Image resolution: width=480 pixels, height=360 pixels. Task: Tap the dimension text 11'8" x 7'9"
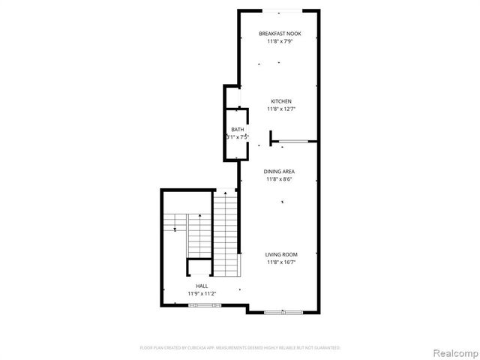[278, 42]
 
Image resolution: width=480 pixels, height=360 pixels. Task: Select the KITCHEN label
[280, 101]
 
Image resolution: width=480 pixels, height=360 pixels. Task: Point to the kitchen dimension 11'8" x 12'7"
[280, 109]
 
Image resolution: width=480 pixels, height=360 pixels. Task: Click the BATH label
[237, 130]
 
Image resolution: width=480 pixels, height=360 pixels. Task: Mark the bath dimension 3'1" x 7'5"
[237, 137]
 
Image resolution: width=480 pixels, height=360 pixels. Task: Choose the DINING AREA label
[278, 172]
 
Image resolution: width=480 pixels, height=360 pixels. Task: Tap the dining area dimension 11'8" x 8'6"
[278, 180]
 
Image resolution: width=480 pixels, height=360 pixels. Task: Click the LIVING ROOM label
[281, 255]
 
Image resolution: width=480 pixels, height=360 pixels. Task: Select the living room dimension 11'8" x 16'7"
[281, 263]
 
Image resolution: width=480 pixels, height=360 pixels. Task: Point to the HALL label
[202, 286]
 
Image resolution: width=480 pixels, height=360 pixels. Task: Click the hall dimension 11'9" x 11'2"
[202, 294]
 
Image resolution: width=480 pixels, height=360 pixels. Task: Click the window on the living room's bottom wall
[284, 311]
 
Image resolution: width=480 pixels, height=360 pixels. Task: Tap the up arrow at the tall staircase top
[225, 194]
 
